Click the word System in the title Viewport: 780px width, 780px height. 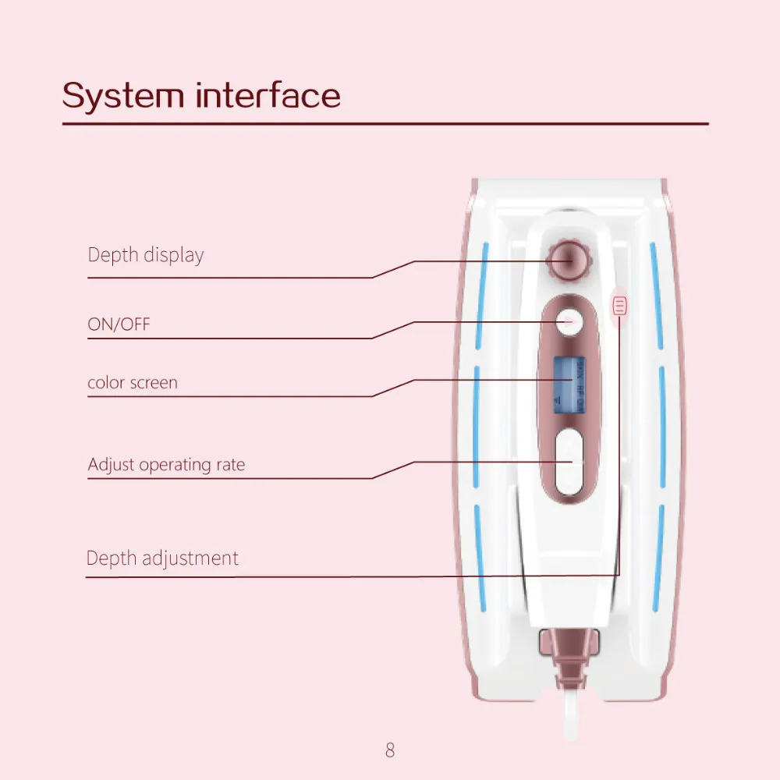(122, 96)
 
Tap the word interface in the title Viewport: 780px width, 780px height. (268, 96)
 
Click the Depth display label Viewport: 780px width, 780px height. (146, 255)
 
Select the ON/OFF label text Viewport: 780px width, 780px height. (119, 324)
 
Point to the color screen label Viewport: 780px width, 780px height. (133, 383)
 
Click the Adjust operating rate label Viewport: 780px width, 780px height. (166, 465)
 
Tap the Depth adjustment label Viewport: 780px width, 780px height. (162, 558)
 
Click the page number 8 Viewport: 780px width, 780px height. (390, 750)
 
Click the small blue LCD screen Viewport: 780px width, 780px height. (569, 385)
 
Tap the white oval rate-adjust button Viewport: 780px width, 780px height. (569, 462)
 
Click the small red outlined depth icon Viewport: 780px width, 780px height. (620, 305)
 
